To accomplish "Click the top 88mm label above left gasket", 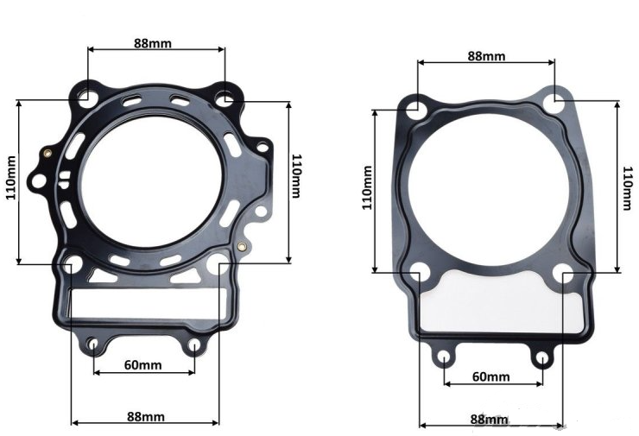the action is click(153, 43).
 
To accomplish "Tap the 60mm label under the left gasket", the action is click(142, 364).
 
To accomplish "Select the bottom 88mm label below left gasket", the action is click(146, 416).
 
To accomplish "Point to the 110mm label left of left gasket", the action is click(11, 178).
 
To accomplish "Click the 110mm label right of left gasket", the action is click(296, 175).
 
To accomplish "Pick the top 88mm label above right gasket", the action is click(486, 56).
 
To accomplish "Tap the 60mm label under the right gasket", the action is click(490, 377).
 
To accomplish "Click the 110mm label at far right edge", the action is click(628, 188).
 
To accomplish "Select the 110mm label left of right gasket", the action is click(367, 187).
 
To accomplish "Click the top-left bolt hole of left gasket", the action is click(87, 98).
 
